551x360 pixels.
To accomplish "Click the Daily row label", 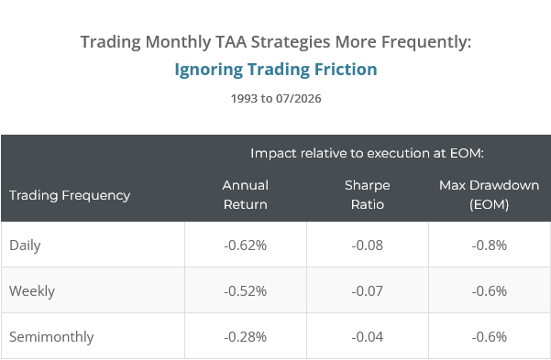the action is [25, 245].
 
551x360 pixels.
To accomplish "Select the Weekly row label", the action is [32, 290].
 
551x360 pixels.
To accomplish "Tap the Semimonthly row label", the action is [51, 337].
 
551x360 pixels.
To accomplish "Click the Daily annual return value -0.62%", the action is [246, 245].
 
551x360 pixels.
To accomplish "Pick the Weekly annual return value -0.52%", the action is [246, 290].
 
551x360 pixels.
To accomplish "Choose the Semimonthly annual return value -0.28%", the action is [246, 337].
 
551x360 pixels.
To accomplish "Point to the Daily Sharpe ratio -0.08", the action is [368, 245].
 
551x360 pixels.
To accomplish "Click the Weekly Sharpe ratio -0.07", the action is [368, 290].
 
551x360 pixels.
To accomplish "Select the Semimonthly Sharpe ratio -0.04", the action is [368, 337].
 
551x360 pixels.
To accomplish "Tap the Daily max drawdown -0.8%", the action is [490, 245].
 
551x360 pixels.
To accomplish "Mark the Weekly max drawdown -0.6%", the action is [490, 290].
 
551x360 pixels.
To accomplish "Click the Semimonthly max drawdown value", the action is [490, 337].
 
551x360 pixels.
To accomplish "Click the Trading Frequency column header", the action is [70, 195].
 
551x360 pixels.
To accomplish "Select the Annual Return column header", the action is [246, 194].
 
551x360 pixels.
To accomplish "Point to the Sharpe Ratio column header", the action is [368, 194].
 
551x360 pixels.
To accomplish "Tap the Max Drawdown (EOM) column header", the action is [490, 194].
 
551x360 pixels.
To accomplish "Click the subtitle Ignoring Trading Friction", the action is [276, 70].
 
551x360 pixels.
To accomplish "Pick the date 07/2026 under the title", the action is [298, 98].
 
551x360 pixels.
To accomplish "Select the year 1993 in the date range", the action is [244, 98].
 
